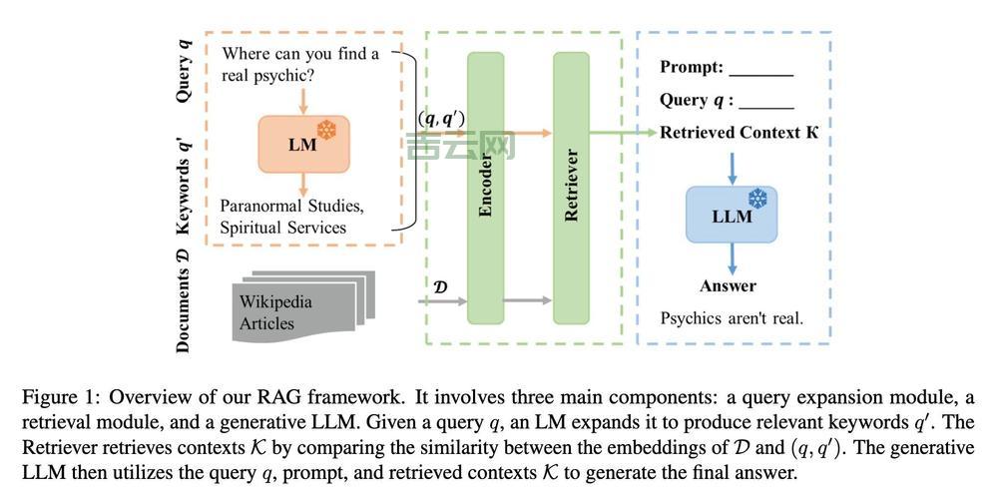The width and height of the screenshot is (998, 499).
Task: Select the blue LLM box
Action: (732, 215)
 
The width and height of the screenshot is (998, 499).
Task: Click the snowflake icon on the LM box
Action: (326, 131)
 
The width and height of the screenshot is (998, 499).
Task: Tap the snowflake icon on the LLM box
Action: (757, 200)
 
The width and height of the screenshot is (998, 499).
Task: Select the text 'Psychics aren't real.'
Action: (732, 318)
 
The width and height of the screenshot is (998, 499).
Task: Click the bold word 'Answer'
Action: (728, 286)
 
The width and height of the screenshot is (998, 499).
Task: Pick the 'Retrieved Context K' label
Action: (739, 133)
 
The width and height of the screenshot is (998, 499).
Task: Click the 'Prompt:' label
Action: (692, 68)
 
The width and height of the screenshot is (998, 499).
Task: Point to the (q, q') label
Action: (440, 119)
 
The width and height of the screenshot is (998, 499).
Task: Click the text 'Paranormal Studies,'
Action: (291, 207)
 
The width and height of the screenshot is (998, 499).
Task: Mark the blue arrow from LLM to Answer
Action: (732, 257)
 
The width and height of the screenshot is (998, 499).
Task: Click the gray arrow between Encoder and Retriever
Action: (527, 299)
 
